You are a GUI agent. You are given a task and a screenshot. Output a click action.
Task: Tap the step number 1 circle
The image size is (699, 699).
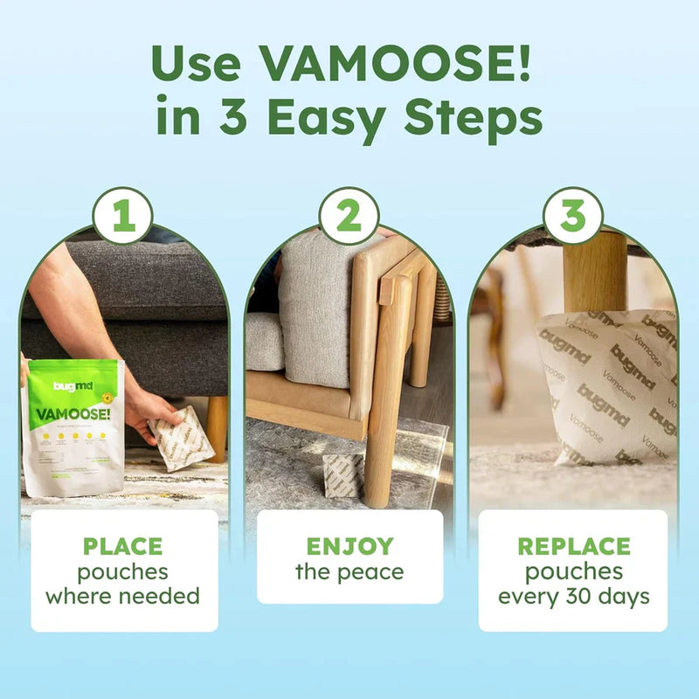coord(123,216)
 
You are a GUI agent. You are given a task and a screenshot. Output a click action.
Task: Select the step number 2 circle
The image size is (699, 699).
coord(349,216)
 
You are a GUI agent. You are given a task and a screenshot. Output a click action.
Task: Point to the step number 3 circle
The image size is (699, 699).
coord(573,216)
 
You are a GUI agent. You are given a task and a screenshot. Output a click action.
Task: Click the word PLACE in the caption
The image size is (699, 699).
coord(122,547)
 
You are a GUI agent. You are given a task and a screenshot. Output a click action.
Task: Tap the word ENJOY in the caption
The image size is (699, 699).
coord(349,547)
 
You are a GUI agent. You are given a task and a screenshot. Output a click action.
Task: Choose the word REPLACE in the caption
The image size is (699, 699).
coord(573,547)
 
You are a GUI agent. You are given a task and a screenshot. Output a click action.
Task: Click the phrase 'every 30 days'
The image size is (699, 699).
coord(573,598)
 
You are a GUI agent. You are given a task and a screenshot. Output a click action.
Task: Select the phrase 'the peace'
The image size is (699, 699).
coord(349,573)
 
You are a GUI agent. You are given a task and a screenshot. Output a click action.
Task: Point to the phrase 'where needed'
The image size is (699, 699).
coord(122,598)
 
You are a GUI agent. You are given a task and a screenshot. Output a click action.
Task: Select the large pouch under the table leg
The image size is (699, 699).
coord(607,384)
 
